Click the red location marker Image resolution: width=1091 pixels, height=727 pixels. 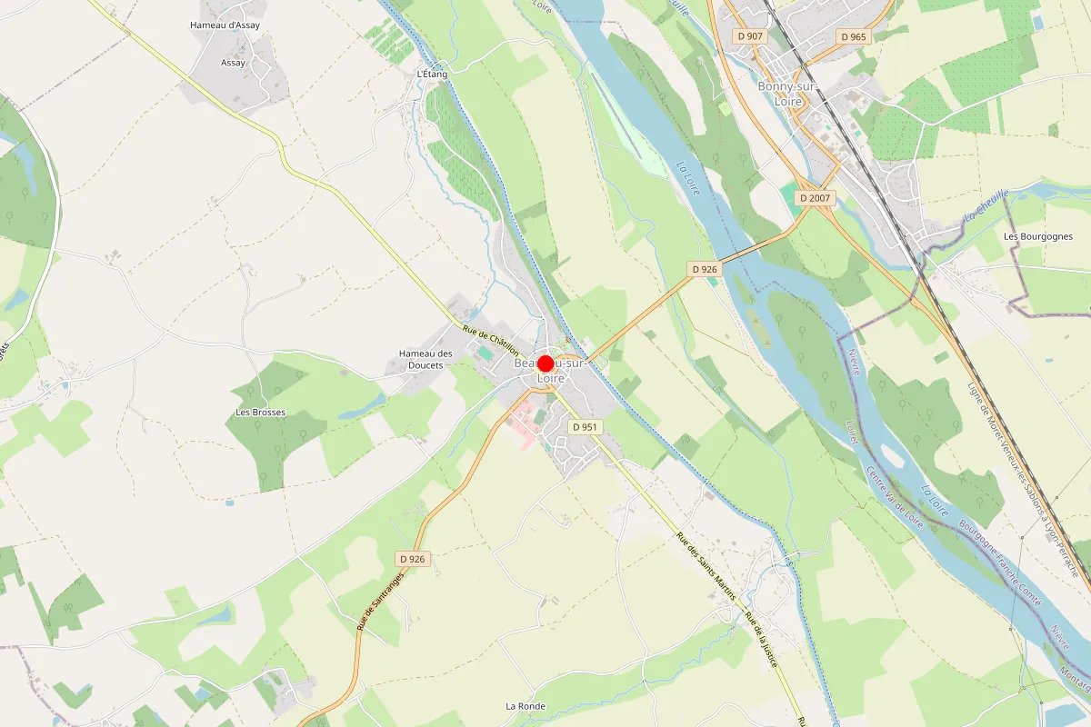(x=545, y=363)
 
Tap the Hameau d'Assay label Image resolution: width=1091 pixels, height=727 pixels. (x=225, y=25)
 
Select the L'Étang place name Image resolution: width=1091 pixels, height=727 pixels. (x=432, y=74)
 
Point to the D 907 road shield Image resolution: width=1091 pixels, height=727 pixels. (x=751, y=36)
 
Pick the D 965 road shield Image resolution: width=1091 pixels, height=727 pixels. (x=854, y=36)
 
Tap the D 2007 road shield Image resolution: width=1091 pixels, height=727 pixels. (x=816, y=197)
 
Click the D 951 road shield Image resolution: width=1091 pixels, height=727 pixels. (x=585, y=426)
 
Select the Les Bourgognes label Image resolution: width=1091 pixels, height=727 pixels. (x=1038, y=236)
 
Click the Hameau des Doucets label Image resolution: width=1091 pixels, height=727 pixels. (x=425, y=359)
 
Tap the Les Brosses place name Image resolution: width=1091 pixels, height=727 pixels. (x=260, y=413)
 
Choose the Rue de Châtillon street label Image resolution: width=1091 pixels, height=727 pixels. (x=491, y=341)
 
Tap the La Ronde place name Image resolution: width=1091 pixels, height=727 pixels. (x=525, y=705)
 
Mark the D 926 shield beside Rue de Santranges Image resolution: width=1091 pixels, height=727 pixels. (x=412, y=559)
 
